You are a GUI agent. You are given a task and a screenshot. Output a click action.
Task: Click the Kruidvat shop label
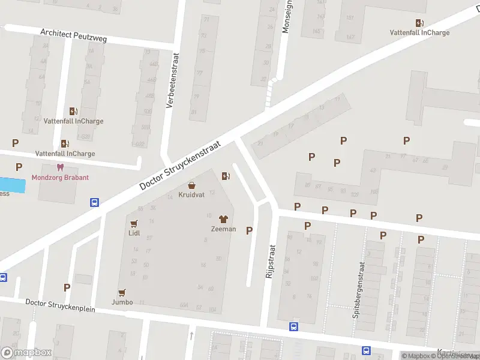[191, 195]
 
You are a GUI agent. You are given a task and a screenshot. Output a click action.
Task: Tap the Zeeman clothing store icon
[223, 220]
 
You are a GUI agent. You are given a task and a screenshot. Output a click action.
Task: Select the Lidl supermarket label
[134, 233]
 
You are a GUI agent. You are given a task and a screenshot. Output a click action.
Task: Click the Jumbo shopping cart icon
[122, 292]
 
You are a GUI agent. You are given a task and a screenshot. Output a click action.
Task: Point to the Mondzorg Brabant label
[60, 178]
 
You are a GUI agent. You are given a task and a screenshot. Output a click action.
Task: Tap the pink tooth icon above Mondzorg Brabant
[59, 167]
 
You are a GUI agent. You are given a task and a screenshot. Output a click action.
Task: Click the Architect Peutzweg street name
[73, 35]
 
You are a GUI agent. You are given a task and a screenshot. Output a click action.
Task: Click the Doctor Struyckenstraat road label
[180, 166]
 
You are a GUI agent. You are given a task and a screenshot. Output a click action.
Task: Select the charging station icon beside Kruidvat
[226, 176]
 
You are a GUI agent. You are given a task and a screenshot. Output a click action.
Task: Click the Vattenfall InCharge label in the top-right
[419, 32]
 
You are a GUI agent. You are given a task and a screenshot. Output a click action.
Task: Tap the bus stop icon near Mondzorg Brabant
[95, 202]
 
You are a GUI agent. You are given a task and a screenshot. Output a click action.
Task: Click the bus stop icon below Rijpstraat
[293, 327]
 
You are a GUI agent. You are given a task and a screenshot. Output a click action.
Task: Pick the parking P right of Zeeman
[250, 230]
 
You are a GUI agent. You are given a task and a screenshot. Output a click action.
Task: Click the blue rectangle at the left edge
[13, 185]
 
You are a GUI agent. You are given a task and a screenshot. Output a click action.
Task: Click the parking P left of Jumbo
[67, 287]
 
